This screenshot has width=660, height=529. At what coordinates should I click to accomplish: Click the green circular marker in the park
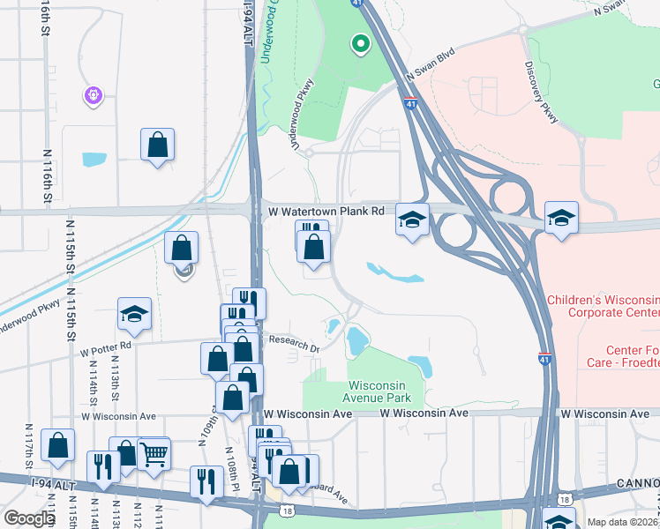click(x=360, y=43)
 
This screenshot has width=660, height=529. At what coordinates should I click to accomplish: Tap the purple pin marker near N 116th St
click(x=94, y=94)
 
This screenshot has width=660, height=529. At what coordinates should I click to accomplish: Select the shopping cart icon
click(x=154, y=453)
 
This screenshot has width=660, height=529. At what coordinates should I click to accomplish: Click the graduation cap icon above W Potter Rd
click(x=134, y=313)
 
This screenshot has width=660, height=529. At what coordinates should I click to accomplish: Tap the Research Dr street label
click(x=294, y=344)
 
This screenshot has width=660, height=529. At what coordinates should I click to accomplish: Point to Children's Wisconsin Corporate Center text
click(x=603, y=306)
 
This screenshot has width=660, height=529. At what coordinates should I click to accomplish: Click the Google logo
click(x=29, y=518)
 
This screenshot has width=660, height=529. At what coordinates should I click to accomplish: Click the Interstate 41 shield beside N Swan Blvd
click(x=411, y=103)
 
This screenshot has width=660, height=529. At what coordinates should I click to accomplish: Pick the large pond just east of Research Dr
click(x=356, y=339)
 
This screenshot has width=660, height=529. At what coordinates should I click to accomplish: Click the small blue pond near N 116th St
click(x=94, y=160)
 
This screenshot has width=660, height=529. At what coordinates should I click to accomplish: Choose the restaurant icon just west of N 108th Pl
click(x=206, y=481)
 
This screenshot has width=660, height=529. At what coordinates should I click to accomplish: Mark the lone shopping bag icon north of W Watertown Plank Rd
click(x=157, y=145)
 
